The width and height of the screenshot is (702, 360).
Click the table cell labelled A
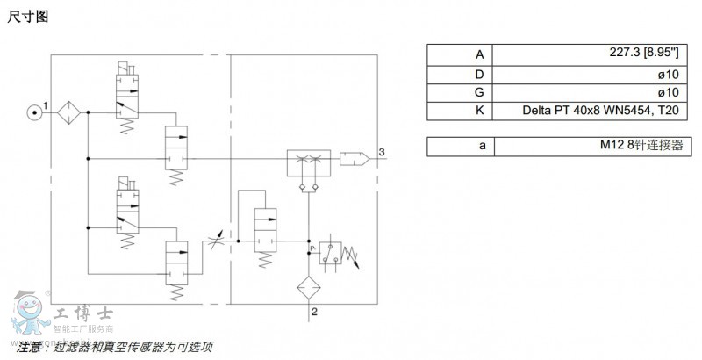click(x=480, y=54)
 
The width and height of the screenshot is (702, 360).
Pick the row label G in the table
click(x=480, y=92)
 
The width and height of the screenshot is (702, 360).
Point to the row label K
click(x=480, y=112)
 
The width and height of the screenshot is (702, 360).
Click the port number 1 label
click(x=45, y=106)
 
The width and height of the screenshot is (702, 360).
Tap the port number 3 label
click(x=382, y=153)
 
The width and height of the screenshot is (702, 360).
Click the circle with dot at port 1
click(x=33, y=112)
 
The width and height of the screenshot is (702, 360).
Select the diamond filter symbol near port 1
click(x=68, y=112)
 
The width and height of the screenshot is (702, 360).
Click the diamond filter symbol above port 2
click(x=307, y=287)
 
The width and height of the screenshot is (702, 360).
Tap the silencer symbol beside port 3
click(x=355, y=159)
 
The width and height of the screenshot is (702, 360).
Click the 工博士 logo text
click(x=73, y=312)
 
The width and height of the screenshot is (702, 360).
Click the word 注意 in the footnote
click(x=29, y=348)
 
